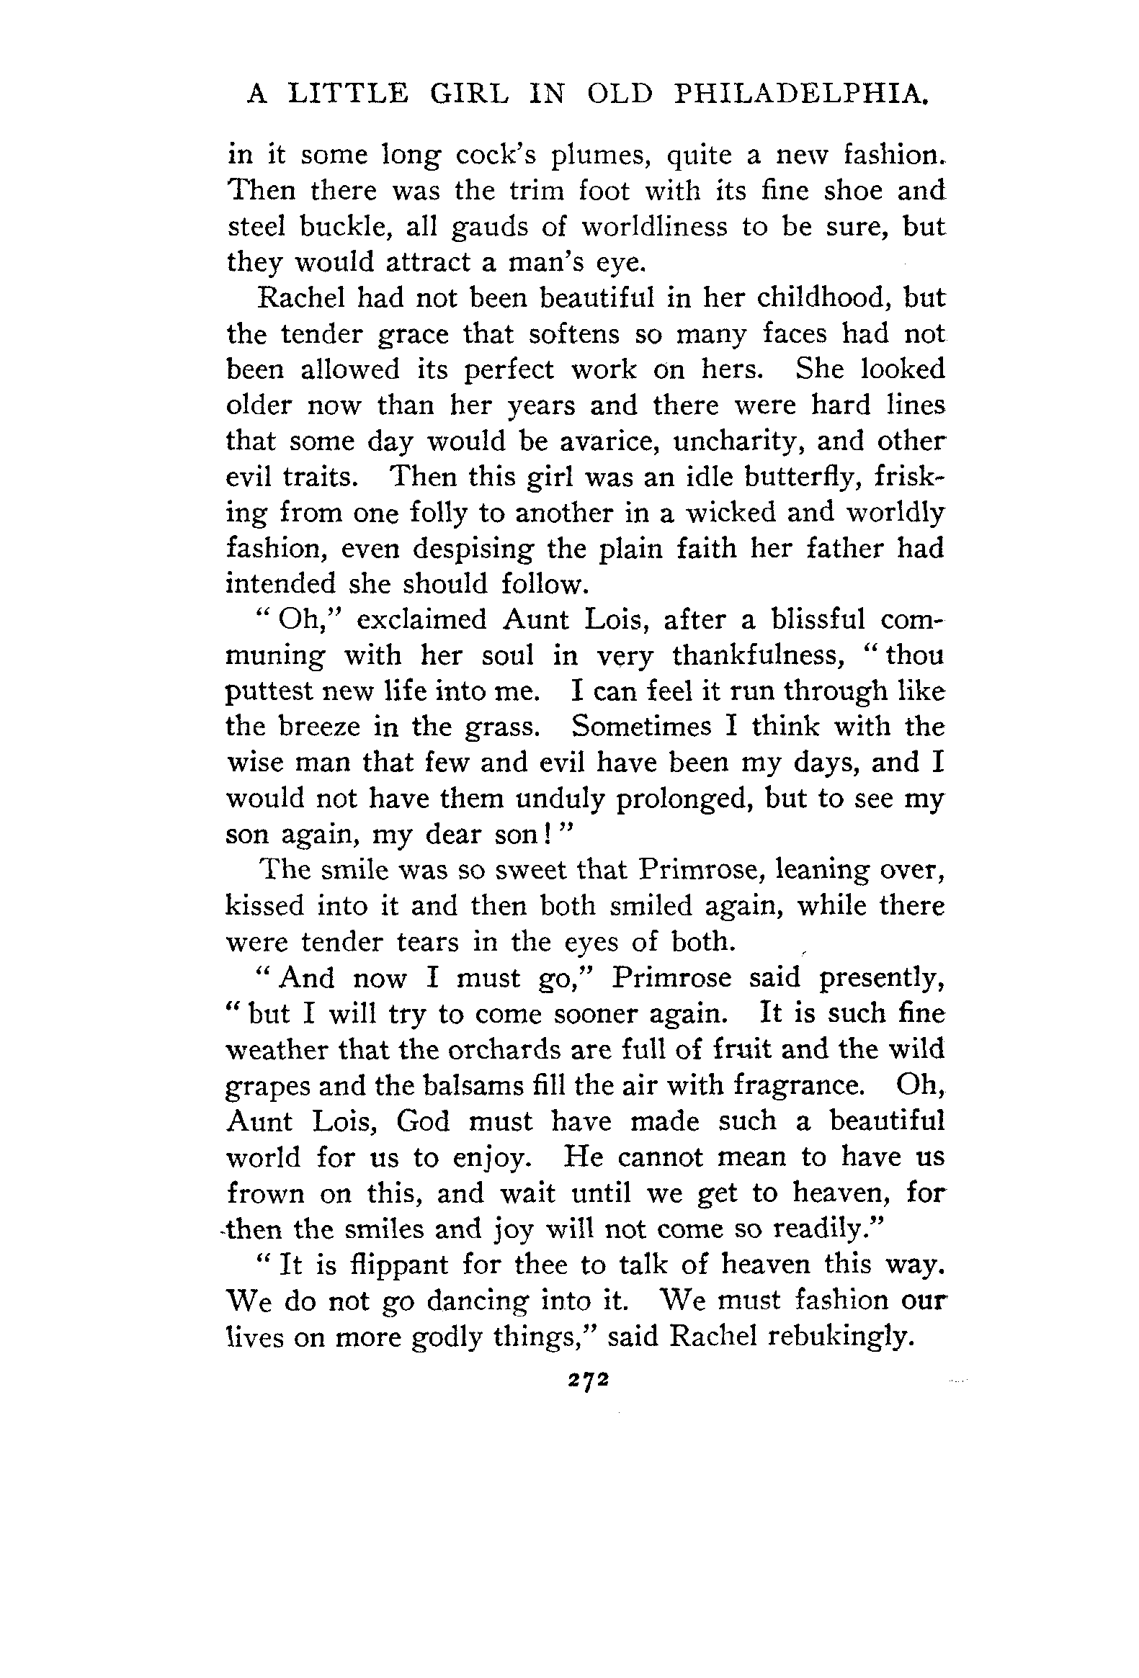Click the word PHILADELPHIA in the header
tap(800, 94)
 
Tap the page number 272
tap(589, 1379)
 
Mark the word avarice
tap(600, 441)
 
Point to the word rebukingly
tap(837, 1337)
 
